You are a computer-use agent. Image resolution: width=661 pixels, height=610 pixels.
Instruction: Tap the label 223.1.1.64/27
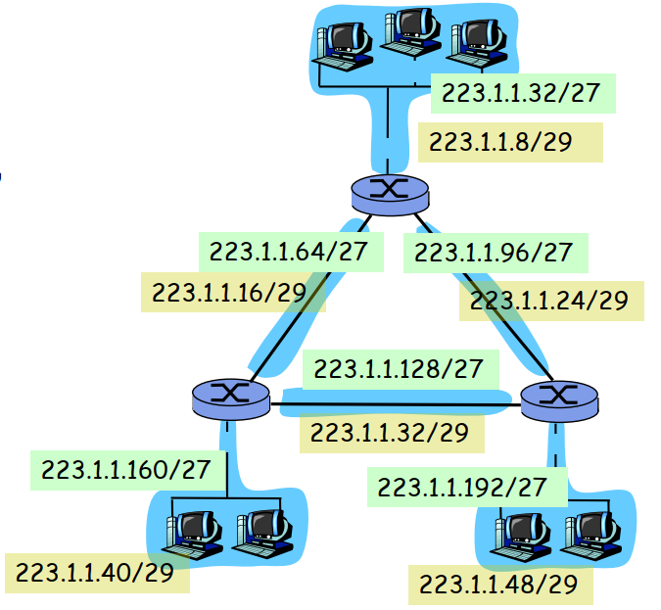(284, 251)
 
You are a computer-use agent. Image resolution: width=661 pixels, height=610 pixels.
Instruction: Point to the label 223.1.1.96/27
(494, 252)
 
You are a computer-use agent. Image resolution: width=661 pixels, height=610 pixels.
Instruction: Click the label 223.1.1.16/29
(232, 292)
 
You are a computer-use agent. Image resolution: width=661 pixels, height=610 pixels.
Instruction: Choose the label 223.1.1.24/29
(550, 300)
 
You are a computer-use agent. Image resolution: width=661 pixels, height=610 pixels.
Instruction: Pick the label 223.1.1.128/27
(398, 368)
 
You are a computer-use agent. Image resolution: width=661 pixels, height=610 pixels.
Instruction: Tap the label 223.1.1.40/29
(96, 573)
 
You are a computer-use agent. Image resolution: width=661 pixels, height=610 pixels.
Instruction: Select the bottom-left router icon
(231, 395)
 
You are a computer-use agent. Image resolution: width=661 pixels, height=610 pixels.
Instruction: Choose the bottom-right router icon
(559, 397)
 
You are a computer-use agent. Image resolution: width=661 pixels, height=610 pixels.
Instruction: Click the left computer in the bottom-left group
(196, 532)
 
